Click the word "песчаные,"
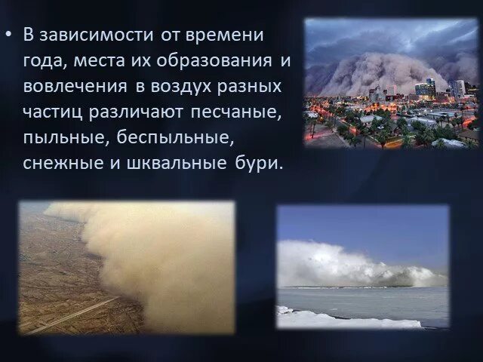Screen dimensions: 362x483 pos(245,112)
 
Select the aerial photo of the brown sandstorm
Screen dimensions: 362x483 pos(126,267)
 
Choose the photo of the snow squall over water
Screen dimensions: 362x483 pos(362,267)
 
